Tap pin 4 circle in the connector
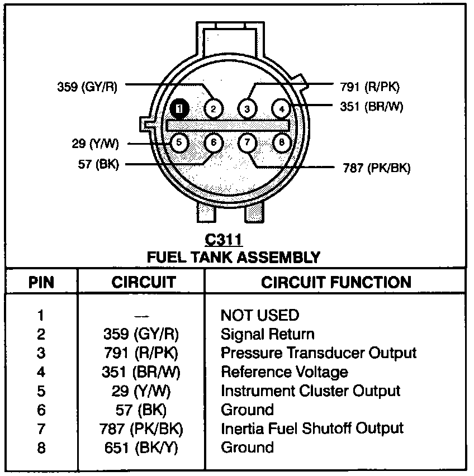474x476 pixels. click(x=282, y=108)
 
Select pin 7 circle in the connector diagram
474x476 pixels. click(x=248, y=143)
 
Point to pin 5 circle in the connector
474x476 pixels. click(x=179, y=143)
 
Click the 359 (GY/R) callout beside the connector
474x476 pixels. click(x=87, y=87)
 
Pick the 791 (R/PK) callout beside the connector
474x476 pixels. click(x=369, y=87)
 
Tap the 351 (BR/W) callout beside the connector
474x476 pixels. click(x=371, y=106)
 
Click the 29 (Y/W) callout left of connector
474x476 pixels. click(x=96, y=144)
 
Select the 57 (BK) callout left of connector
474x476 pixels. click(x=99, y=164)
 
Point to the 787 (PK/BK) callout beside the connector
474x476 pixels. click(x=376, y=168)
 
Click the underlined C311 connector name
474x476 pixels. click(x=224, y=240)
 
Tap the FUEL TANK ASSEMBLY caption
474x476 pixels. click(x=233, y=258)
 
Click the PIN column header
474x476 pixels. click(x=41, y=282)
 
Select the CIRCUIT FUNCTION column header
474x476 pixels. click(x=336, y=282)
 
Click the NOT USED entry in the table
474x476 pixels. click(x=259, y=315)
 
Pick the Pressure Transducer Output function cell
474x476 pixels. click(x=319, y=353)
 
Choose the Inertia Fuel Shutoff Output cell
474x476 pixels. click(x=312, y=429)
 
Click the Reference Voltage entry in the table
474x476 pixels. click(x=285, y=372)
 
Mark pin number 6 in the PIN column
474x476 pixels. click(x=41, y=410)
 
